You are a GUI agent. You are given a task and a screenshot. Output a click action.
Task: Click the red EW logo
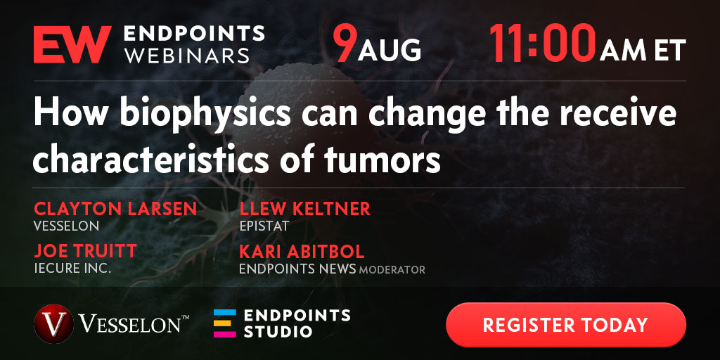[72, 44]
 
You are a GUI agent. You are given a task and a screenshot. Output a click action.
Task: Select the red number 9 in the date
[344, 44]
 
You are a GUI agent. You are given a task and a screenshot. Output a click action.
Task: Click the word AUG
[390, 50]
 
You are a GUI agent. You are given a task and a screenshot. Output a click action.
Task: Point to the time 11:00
[543, 44]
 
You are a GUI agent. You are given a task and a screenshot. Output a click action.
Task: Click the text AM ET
[643, 50]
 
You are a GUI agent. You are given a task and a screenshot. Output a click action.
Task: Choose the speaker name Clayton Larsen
[115, 209]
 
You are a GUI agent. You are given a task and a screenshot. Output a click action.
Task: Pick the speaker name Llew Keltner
[305, 209]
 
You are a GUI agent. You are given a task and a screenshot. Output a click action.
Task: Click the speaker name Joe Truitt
[85, 251]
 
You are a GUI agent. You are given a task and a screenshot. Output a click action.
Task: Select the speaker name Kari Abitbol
[302, 251]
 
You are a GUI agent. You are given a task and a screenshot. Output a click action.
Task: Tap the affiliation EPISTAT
[264, 226]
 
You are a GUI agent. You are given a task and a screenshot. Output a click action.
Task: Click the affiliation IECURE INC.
[72, 269]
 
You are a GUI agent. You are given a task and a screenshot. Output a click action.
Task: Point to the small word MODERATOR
[392, 269]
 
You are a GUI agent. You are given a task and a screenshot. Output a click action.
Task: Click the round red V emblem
[53, 324]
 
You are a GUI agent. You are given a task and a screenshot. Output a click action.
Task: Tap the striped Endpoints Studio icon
[225, 323]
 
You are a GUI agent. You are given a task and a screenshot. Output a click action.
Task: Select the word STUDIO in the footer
[278, 332]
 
